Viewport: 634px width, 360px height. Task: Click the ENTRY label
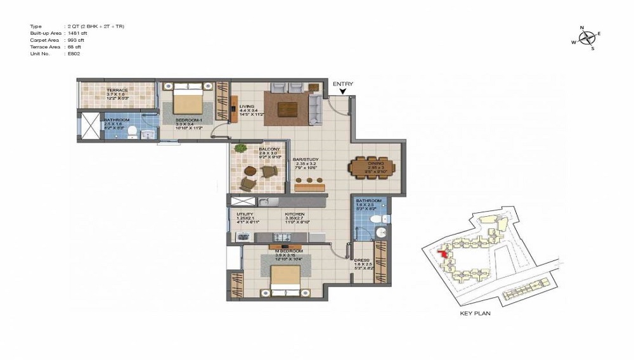click(x=342, y=84)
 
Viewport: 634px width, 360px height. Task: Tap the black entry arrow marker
click(x=342, y=93)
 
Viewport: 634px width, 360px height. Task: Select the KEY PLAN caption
click(x=475, y=313)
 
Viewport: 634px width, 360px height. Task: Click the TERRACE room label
click(x=117, y=91)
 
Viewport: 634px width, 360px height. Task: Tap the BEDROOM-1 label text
click(x=190, y=120)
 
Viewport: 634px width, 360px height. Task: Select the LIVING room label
click(x=247, y=106)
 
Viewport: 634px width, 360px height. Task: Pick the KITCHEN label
click(x=295, y=214)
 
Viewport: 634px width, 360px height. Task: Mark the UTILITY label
click(x=245, y=214)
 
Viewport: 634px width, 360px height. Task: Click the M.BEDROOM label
click(x=285, y=251)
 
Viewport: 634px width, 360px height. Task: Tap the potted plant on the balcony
click(x=241, y=148)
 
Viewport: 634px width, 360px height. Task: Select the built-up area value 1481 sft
click(x=77, y=33)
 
